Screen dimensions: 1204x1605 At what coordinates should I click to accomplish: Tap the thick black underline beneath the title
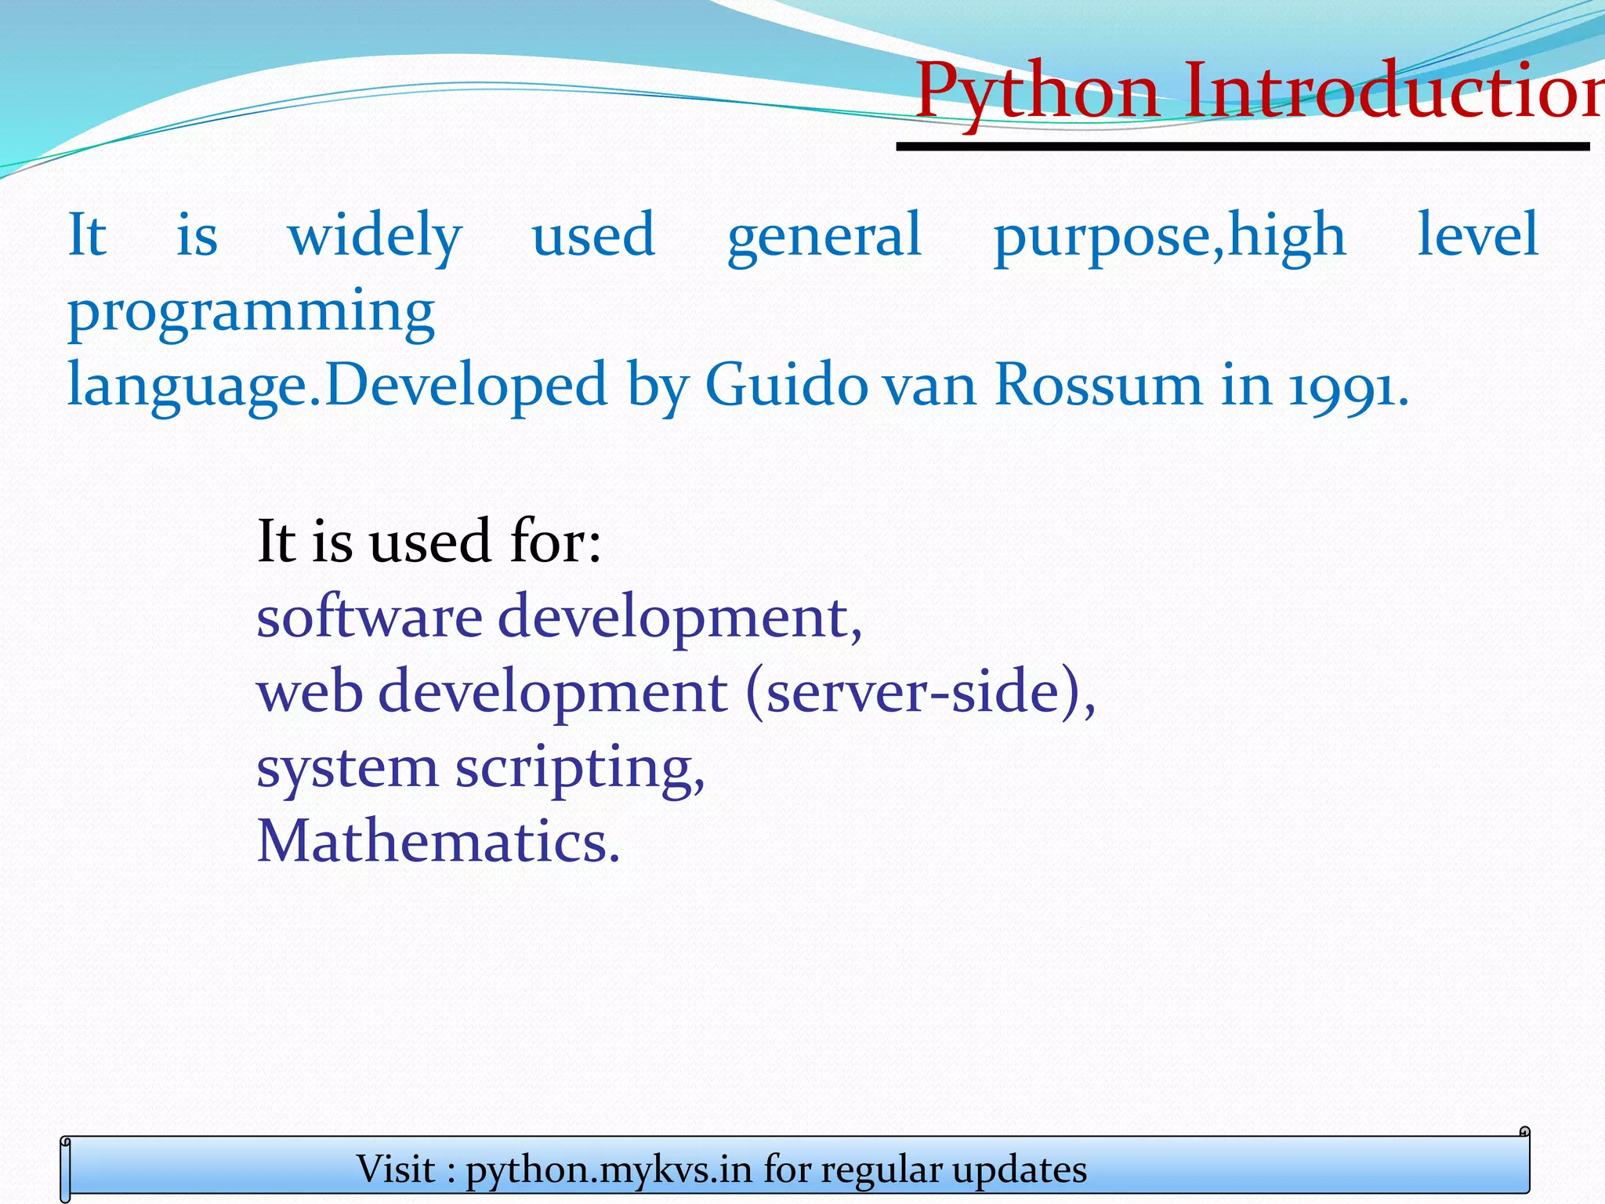pos(1242,147)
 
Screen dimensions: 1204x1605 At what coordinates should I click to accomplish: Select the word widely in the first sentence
pos(375,235)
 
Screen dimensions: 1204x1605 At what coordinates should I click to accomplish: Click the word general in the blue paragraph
pos(824,235)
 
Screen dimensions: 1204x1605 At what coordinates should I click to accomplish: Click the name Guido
pos(786,385)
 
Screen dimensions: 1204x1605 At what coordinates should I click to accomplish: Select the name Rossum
pos(1097,385)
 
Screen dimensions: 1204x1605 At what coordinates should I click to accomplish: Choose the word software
pos(369,616)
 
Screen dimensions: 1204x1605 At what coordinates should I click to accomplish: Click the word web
pos(310,691)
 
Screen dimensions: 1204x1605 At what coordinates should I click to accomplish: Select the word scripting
pos(580,768)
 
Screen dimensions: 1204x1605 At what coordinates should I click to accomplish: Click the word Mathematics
pos(438,841)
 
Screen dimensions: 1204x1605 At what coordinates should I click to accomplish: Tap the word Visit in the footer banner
pos(396,1170)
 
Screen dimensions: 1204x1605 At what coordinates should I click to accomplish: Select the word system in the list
pos(347,768)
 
